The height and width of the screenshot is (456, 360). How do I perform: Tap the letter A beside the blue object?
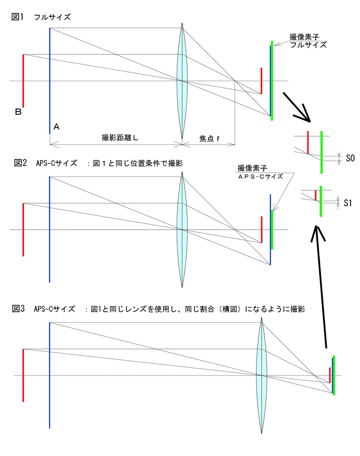(x=57, y=127)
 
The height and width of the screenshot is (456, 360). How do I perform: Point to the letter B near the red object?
(x=18, y=112)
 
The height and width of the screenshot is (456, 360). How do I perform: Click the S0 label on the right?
(x=350, y=158)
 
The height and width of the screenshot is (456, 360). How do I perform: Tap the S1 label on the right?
(x=348, y=203)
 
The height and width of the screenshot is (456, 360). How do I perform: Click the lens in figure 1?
(x=182, y=81)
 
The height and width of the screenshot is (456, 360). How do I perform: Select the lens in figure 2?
(x=182, y=229)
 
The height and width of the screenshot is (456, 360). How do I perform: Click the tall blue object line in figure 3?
(x=49, y=375)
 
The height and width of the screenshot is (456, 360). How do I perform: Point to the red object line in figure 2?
(x=23, y=229)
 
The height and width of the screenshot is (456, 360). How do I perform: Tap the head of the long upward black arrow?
(x=317, y=232)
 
